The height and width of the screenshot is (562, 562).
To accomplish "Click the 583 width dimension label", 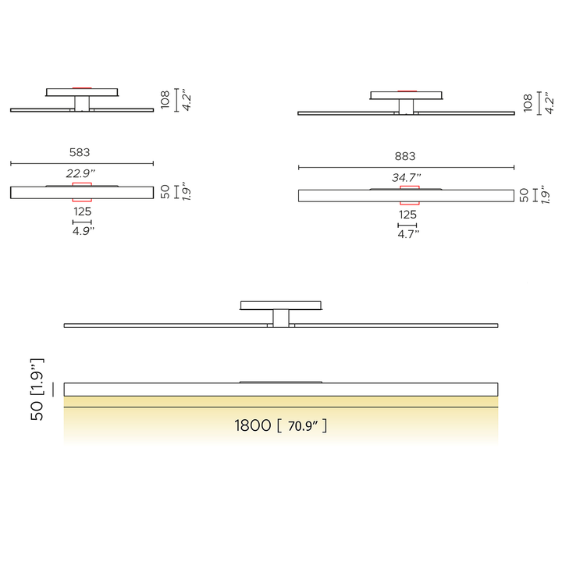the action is click(80, 152).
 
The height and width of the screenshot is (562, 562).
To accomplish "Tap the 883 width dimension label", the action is click(405, 156).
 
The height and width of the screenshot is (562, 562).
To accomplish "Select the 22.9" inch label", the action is click(80, 173).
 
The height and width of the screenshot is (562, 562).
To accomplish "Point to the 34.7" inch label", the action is click(407, 177).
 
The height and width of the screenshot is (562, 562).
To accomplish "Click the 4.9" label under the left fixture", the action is click(84, 231).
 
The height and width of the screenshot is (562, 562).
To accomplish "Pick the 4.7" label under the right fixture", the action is click(408, 234).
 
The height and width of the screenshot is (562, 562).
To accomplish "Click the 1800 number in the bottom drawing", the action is click(253, 425).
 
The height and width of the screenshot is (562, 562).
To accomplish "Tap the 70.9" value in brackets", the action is click(303, 426).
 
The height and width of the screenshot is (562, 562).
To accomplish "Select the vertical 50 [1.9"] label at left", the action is click(37, 389).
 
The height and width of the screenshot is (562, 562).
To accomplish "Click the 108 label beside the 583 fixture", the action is click(165, 100).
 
